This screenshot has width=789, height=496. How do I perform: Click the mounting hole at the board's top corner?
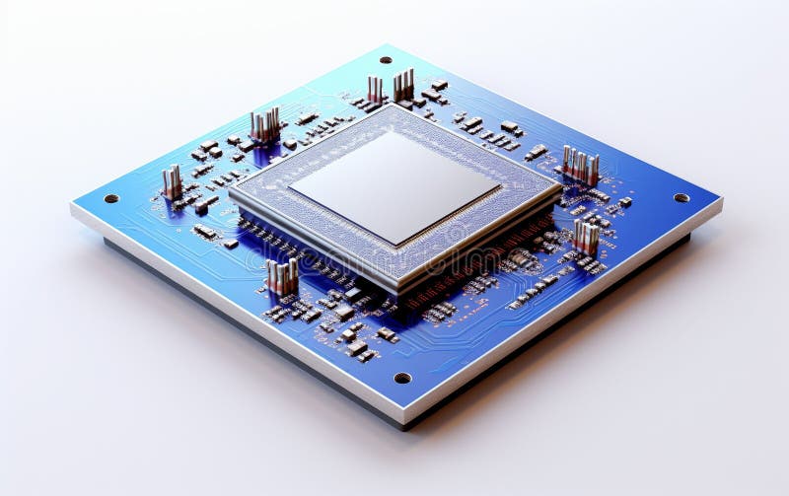tap(386, 60)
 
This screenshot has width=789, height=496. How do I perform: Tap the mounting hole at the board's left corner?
tap(111, 198)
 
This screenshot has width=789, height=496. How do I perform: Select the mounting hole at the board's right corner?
tap(681, 198)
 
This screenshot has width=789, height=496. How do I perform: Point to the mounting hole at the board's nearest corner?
tap(402, 378)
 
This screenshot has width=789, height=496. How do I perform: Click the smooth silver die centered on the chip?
tap(394, 186)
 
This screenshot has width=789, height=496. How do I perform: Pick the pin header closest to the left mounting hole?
tap(173, 183)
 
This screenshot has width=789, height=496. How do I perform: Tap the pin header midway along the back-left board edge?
tap(264, 126)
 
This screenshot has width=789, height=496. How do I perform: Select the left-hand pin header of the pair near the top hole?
tap(375, 90)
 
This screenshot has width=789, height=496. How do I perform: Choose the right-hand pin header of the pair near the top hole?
tap(403, 86)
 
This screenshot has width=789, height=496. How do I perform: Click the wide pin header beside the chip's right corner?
tap(581, 166)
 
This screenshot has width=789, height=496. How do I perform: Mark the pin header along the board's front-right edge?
tap(586, 238)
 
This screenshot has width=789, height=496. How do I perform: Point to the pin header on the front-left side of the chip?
tap(282, 276)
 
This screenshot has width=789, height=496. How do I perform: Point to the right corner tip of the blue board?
tap(721, 200)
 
